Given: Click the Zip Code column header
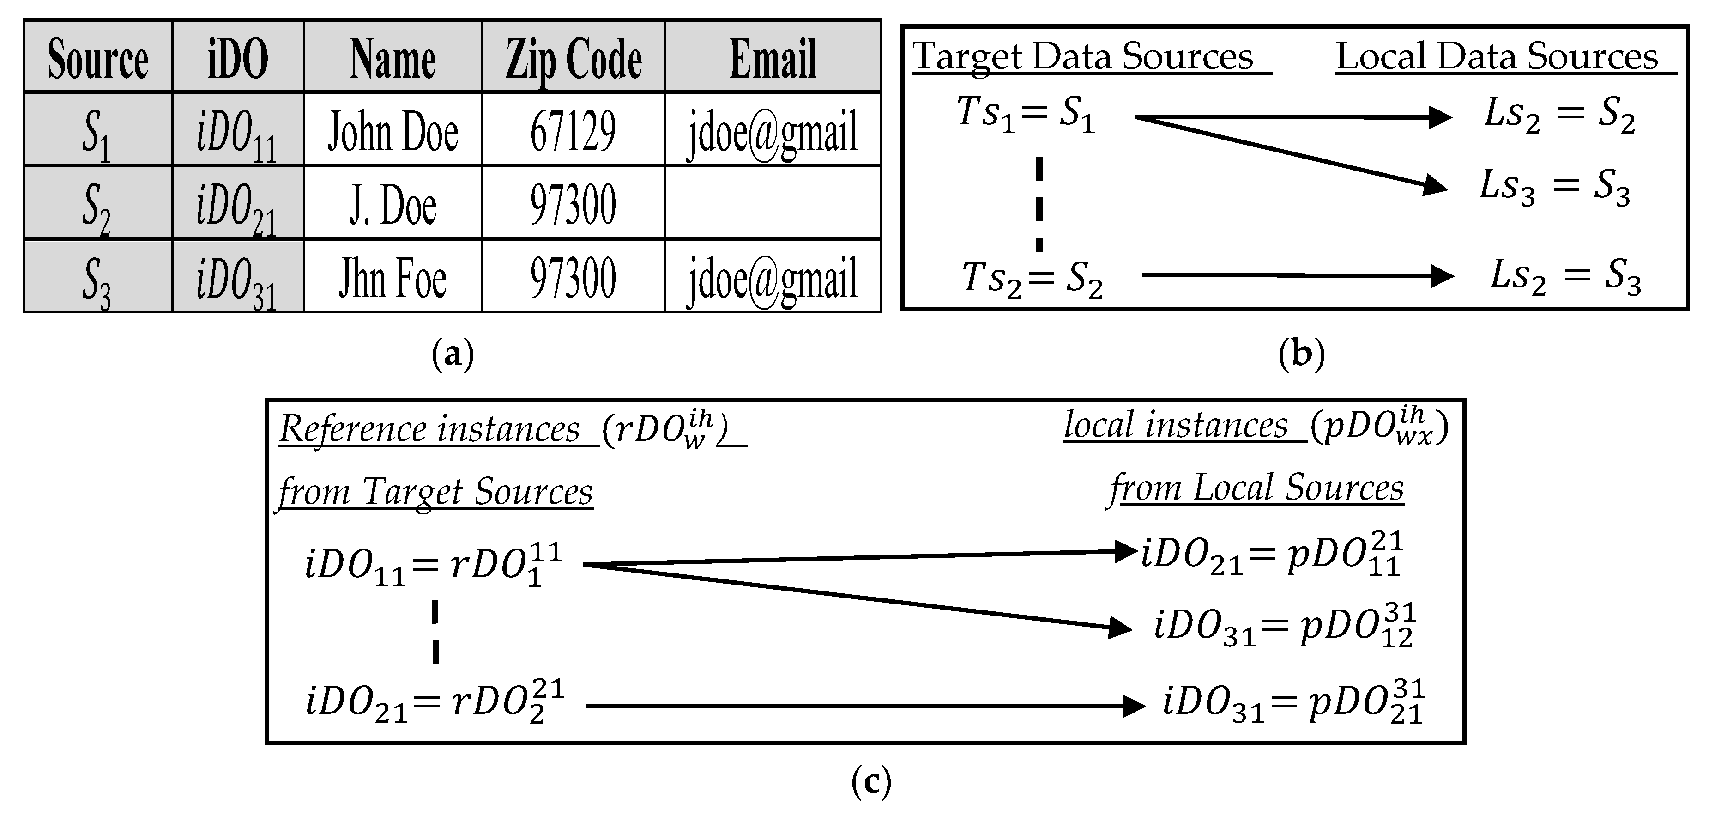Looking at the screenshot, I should (x=573, y=58).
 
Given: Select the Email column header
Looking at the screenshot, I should (x=773, y=58).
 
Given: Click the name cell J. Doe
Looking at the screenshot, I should (x=393, y=204).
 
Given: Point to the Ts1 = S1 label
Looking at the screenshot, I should (x=1026, y=114).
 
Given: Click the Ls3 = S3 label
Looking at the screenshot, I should (x=1554, y=187).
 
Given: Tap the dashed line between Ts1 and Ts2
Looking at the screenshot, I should (x=1039, y=204).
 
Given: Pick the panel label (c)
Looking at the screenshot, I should (x=870, y=781).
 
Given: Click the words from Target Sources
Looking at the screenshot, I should (x=435, y=493).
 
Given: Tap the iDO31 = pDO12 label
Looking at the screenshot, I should (x=1284, y=626).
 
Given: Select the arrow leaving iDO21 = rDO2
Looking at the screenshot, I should (x=863, y=706).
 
